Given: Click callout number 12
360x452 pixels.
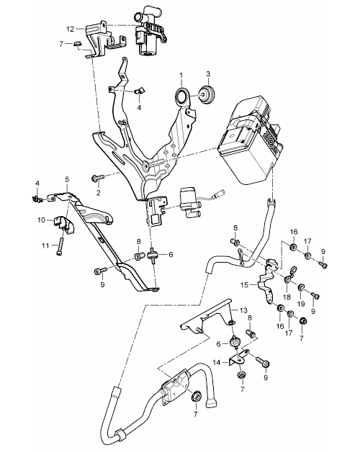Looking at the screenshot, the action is tap(71, 29).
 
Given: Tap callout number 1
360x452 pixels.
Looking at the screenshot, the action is tap(181, 76).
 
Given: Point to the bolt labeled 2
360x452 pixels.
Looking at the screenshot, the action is tap(97, 178).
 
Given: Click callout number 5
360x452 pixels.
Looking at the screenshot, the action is tap(67, 179).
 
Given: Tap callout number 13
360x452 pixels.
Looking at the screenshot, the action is tap(244, 310).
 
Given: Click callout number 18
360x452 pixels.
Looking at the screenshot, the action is tap(287, 297).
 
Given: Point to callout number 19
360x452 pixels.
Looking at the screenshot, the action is tap(300, 303).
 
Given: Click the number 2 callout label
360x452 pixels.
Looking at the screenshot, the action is tap(99, 193).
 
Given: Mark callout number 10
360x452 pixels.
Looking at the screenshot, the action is tap(42, 220).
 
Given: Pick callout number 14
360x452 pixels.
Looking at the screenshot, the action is tap(217, 362).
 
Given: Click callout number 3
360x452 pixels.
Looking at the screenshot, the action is tap(208, 74).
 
